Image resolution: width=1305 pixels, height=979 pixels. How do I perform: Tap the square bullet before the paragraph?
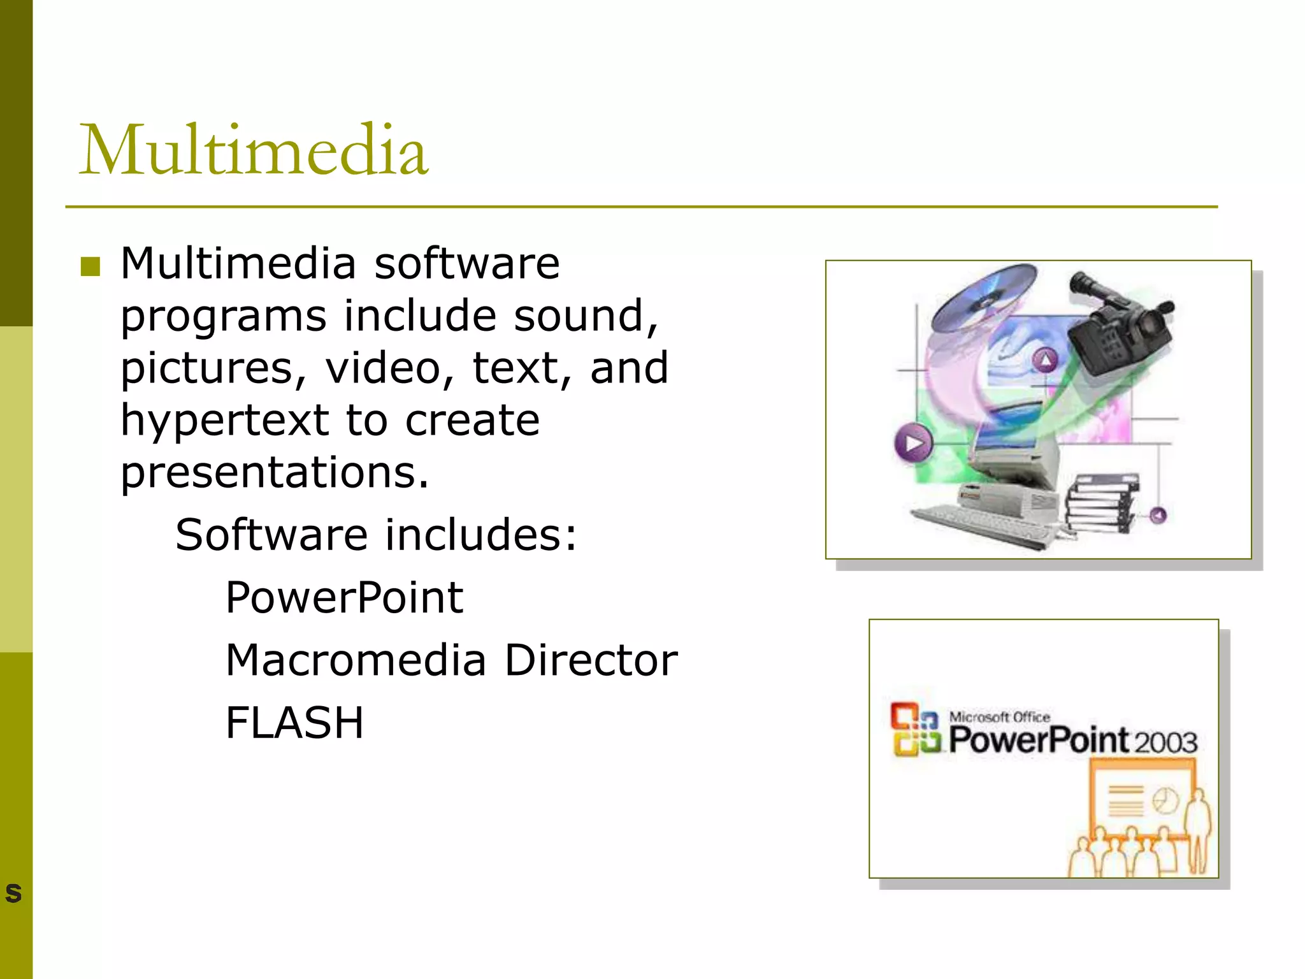(x=91, y=266)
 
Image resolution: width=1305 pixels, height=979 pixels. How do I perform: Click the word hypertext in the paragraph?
(x=224, y=421)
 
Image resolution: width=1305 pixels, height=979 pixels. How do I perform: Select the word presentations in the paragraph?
(x=274, y=473)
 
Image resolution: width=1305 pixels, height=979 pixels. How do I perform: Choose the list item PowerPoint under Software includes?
(x=344, y=598)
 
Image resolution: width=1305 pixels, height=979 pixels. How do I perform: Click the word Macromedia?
(x=356, y=660)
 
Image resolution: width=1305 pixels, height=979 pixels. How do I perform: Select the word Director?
(x=591, y=660)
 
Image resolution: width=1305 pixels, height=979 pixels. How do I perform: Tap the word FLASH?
(x=294, y=723)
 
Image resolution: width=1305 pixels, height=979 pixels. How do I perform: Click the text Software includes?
(x=376, y=535)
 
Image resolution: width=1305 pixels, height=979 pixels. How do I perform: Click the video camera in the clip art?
(x=1121, y=325)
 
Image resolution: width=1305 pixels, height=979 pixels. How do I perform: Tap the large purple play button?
(x=913, y=444)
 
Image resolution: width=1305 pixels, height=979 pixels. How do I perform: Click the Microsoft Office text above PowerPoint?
(x=999, y=717)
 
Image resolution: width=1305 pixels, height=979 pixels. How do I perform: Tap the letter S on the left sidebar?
(x=13, y=894)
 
